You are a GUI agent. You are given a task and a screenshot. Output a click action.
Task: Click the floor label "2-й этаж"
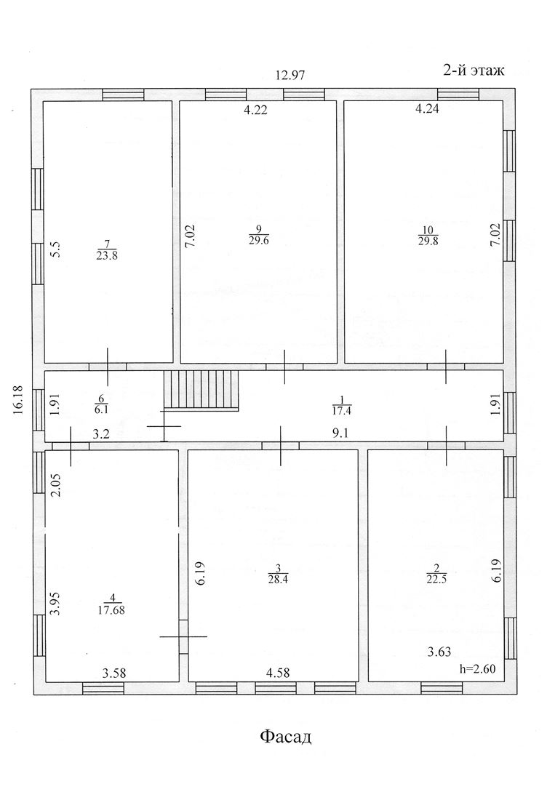[474, 70]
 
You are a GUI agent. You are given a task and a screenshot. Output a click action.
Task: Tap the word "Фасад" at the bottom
[286, 737]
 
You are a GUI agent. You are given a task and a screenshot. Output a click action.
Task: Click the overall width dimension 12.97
[290, 75]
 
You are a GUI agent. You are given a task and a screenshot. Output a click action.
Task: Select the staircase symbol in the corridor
[201, 391]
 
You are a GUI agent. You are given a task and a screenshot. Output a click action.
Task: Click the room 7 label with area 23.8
[107, 249]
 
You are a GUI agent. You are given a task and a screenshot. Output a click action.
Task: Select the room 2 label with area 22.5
[436, 573]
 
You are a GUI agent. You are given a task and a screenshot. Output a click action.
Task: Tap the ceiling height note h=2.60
[478, 669]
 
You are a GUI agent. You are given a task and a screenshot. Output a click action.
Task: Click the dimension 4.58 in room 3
[279, 672]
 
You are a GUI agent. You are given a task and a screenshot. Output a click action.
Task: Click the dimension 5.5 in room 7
[54, 249]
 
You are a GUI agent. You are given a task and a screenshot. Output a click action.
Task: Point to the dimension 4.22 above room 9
[254, 110]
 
